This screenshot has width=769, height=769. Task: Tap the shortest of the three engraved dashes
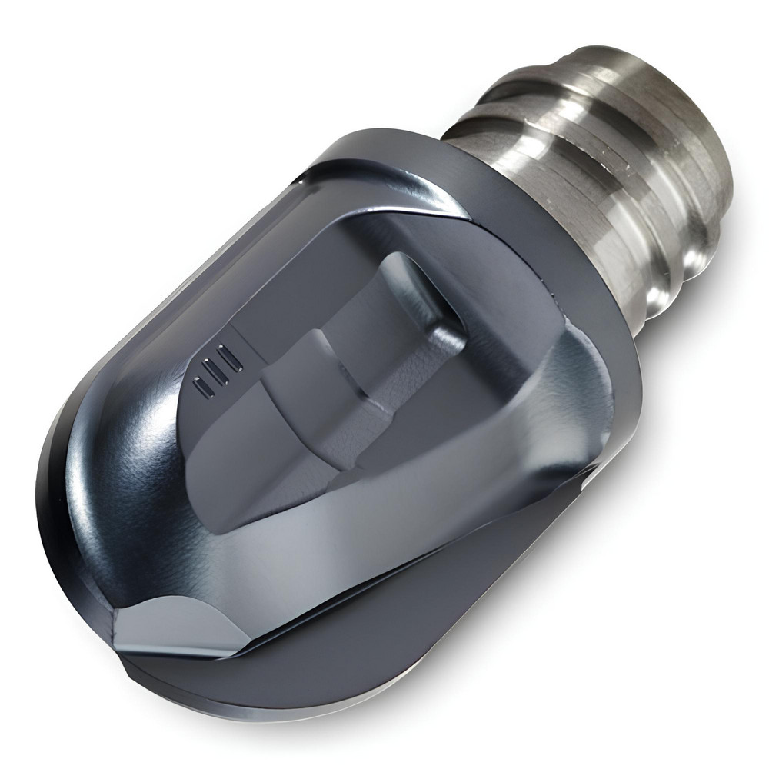[201, 388]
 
